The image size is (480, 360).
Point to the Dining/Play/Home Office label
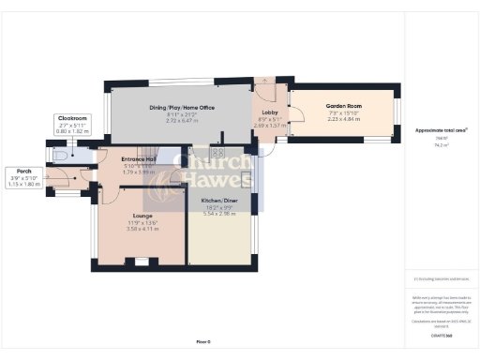click(182, 108)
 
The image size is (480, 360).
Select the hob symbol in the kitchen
click(217, 152)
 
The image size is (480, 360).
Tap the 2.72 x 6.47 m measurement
click(182, 120)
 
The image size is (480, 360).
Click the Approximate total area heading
click(442, 130)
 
